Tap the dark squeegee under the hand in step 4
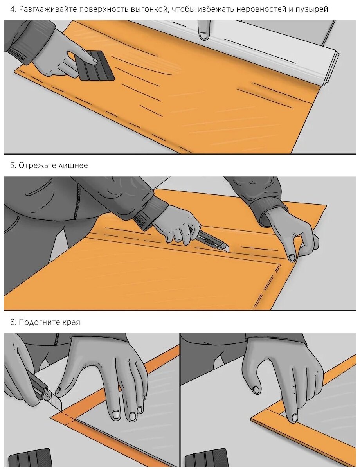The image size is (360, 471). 97,66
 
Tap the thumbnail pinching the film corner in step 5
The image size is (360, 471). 292,258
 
